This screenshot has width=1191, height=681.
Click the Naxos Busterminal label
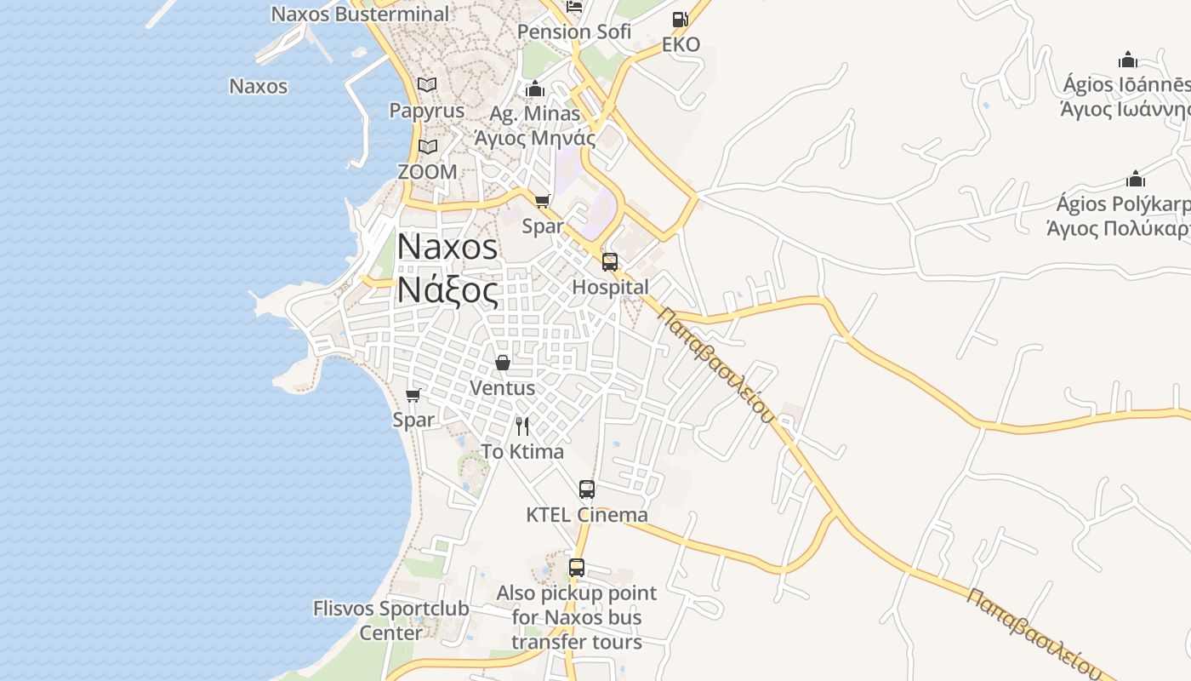coord(359,14)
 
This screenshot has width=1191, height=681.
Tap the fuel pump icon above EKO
coord(680,20)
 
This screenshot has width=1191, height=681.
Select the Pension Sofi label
coord(574,32)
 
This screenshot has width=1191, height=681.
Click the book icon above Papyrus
coord(427,85)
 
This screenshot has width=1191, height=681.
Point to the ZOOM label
coord(427,171)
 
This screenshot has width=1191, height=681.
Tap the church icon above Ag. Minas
coord(535,89)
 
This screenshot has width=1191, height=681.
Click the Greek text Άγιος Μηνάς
coord(535,137)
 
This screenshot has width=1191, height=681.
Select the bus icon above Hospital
coord(610,261)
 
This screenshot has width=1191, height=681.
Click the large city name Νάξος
coord(447,290)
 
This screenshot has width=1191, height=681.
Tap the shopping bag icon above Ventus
coord(503,363)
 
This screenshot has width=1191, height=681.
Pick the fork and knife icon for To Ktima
coord(522,426)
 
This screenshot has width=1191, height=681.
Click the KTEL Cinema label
coord(587,515)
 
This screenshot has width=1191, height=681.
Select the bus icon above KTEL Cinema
coord(587,489)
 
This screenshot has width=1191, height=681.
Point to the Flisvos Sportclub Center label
coord(390,621)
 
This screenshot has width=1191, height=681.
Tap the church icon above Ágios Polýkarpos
coord(1135,179)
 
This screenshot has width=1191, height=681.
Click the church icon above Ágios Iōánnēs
coord(1128,60)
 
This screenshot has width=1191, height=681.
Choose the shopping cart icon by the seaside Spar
coord(413,395)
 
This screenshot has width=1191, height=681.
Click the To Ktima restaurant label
coord(522,451)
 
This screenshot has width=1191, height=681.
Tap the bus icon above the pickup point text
coord(577,567)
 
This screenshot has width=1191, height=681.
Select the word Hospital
coord(610,287)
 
